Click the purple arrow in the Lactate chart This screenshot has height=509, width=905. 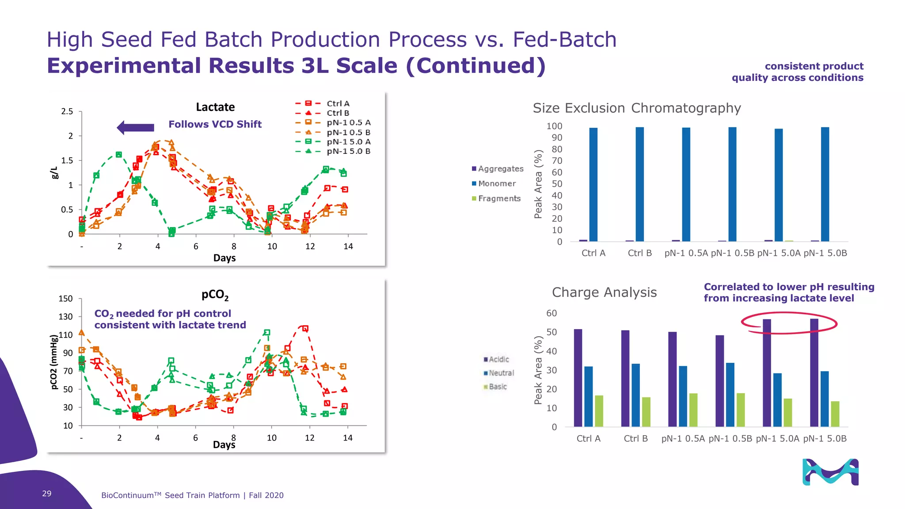[x=136, y=128]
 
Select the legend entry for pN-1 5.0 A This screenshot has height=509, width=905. [x=348, y=142]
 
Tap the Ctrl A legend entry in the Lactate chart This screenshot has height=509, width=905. [x=338, y=104]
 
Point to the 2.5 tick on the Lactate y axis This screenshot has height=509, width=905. [x=67, y=111]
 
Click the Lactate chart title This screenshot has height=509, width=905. [x=215, y=107]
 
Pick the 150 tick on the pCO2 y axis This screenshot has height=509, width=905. [x=65, y=299]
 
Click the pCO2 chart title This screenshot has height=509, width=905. [x=215, y=295]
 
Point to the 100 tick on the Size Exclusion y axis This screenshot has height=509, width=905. [x=554, y=126]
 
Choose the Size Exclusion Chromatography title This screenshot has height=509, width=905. [x=637, y=108]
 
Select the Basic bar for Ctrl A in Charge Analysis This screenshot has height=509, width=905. [x=599, y=411]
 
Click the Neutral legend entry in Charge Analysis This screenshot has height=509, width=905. [x=501, y=373]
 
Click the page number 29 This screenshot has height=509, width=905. [x=47, y=494]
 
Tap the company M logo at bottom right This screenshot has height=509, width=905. [x=830, y=472]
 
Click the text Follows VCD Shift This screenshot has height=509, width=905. [x=215, y=125]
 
